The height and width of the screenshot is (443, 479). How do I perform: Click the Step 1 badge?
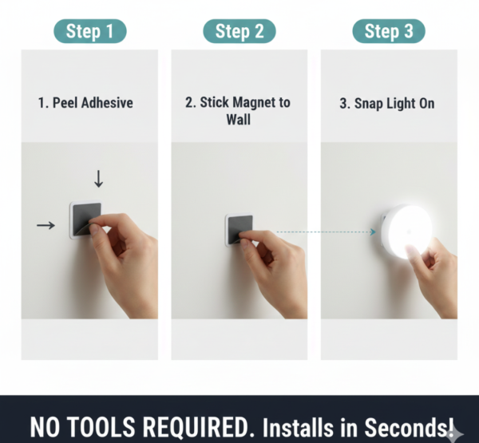click(x=89, y=31)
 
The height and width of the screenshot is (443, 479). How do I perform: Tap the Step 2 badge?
click(x=239, y=31)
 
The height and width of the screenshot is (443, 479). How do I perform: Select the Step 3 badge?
click(x=389, y=31)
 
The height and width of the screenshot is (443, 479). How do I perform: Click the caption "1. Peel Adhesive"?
click(x=85, y=103)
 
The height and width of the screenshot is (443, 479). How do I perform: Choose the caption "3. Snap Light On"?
click(x=388, y=103)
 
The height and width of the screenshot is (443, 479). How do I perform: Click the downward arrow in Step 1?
click(x=98, y=178)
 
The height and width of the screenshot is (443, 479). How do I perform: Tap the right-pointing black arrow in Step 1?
click(x=46, y=226)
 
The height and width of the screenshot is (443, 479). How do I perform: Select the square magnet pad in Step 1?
click(x=82, y=219)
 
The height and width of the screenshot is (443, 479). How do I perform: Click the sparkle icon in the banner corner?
click(x=454, y=433)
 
